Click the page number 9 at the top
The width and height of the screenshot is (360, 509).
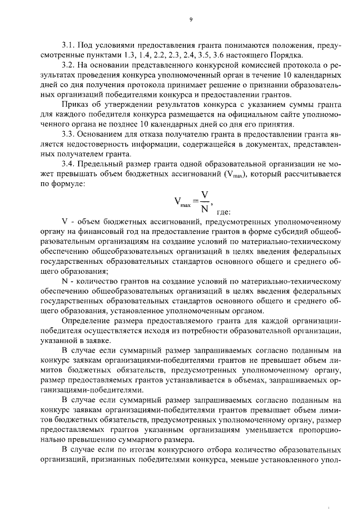[191, 20]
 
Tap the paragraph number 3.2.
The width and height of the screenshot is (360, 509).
[69, 65]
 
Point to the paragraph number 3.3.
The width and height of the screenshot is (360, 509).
[69, 134]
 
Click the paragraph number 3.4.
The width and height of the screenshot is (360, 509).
[69, 164]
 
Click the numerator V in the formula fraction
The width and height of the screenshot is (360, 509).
[205, 195]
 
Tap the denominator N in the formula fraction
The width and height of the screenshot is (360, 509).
[205, 207]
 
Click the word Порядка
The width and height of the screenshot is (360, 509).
[289, 55]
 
